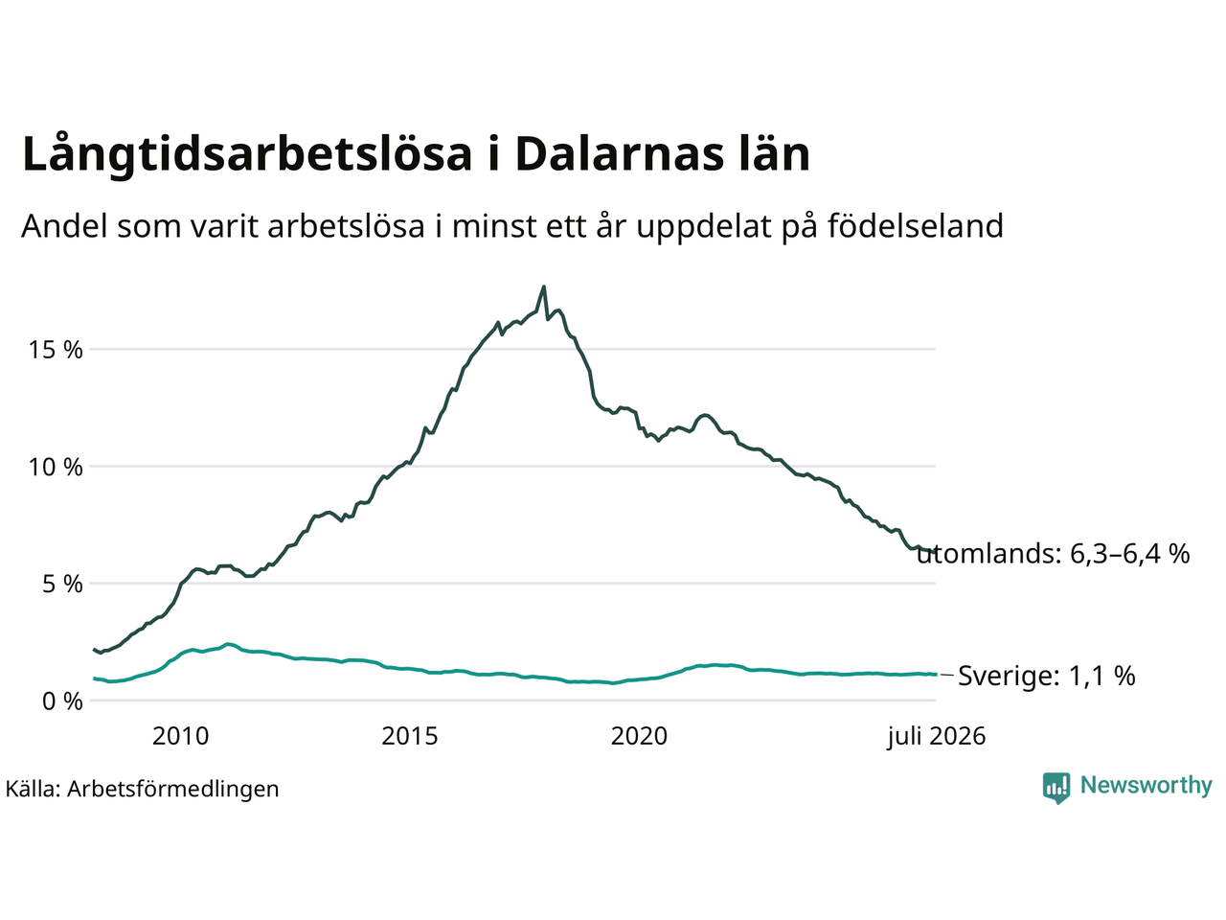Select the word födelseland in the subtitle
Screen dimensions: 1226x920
(x=915, y=226)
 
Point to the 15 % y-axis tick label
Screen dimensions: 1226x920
(x=56, y=350)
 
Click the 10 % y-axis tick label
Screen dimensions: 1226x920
(x=56, y=467)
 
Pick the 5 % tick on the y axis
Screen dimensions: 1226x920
(x=62, y=584)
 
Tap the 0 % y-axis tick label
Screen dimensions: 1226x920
(x=62, y=701)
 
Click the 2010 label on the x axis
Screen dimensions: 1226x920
(x=180, y=736)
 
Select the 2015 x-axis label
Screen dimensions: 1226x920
(x=409, y=736)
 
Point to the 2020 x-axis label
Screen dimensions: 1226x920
(x=639, y=736)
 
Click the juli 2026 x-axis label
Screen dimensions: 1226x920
(x=936, y=736)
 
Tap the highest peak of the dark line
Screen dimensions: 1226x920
(x=543, y=287)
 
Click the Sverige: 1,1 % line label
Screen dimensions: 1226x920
(x=1046, y=676)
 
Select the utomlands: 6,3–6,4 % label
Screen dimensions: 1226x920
(x=1054, y=554)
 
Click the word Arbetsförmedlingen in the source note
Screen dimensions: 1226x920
(x=172, y=790)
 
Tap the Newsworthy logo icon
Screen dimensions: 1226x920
(x=1056, y=788)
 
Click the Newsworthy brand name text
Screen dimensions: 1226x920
(x=1147, y=785)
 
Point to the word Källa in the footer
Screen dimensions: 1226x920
(x=33, y=788)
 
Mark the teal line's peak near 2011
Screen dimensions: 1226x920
(x=227, y=644)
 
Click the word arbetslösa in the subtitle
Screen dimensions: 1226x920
(x=346, y=226)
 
